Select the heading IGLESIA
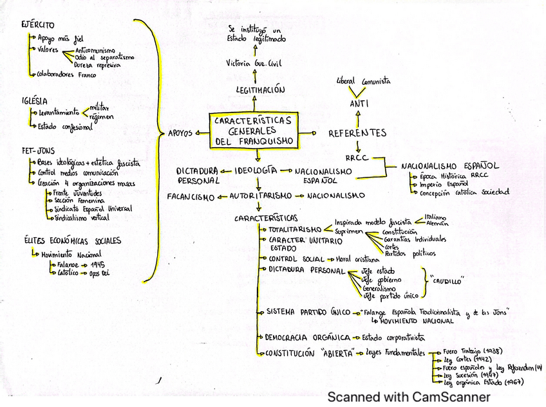pyautogui.click(x=34, y=100)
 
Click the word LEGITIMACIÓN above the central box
pyautogui.click(x=260, y=91)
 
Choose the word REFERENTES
pyautogui.click(x=357, y=133)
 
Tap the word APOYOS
pyautogui.click(x=180, y=133)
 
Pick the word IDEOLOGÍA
pyautogui.click(x=256, y=170)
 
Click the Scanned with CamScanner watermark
pyautogui.click(x=408, y=397)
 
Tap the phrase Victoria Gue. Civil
pyautogui.click(x=254, y=64)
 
